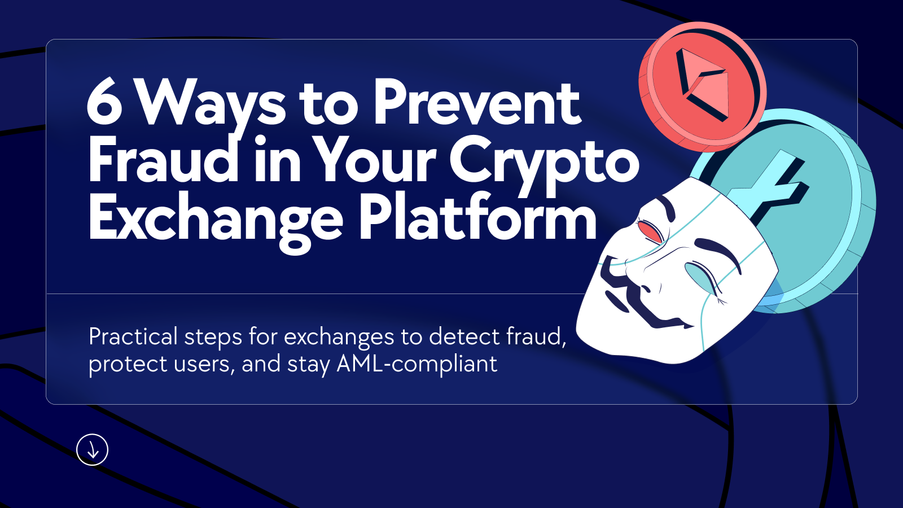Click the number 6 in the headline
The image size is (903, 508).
point(105,102)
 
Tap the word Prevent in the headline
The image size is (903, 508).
point(477,103)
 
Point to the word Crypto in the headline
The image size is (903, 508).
point(544,162)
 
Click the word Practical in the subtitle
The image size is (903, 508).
point(133,337)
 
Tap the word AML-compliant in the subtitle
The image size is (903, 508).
point(417,364)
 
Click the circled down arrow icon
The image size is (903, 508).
point(92,450)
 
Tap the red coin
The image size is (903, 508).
point(703,85)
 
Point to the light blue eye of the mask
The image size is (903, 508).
point(700,275)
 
